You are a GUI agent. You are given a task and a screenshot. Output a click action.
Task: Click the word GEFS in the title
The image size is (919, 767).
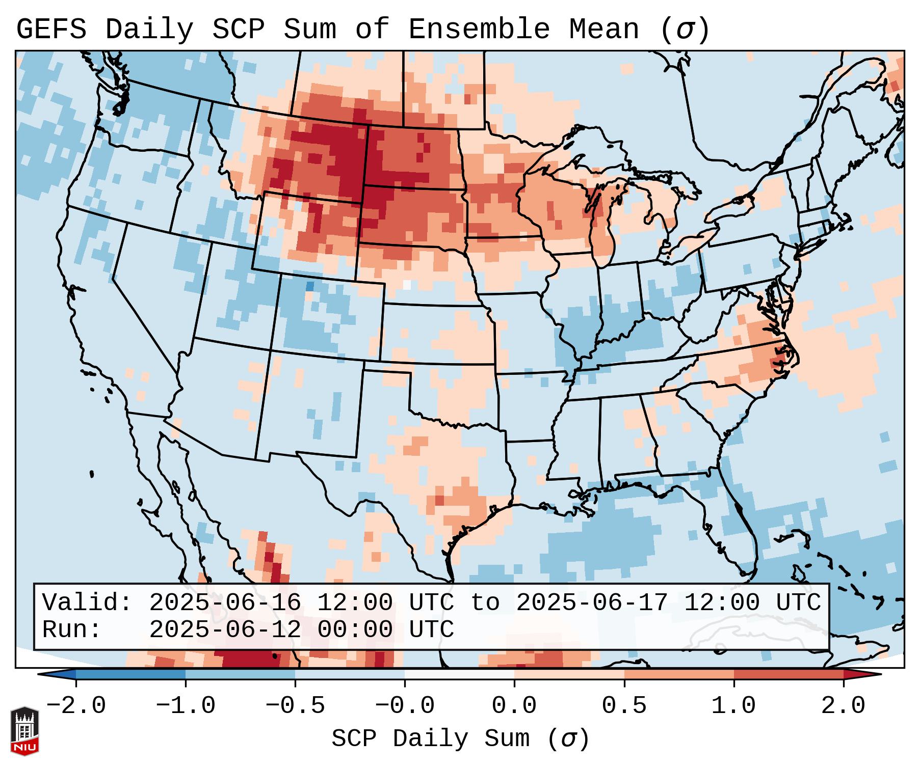pyautogui.click(x=51, y=30)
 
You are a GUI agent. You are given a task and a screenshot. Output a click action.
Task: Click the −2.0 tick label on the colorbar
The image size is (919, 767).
pyautogui.click(x=76, y=706)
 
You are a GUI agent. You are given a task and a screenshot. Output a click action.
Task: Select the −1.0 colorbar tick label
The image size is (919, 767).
pyautogui.click(x=186, y=706)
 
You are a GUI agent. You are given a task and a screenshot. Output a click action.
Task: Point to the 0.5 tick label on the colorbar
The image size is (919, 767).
pyautogui.click(x=624, y=706)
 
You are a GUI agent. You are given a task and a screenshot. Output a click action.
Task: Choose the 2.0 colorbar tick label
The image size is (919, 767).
pyautogui.click(x=844, y=706)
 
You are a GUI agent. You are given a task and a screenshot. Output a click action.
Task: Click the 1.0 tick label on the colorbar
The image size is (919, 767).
pyautogui.click(x=734, y=706)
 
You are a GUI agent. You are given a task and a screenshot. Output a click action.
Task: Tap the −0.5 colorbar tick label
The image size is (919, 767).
pyautogui.click(x=295, y=706)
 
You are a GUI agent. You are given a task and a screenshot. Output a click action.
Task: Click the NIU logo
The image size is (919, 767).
pyautogui.click(x=24, y=731)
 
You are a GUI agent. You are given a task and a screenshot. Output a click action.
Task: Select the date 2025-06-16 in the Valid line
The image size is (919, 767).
pyautogui.click(x=225, y=603)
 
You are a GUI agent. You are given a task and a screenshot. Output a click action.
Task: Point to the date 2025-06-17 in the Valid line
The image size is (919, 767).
pyautogui.click(x=592, y=603)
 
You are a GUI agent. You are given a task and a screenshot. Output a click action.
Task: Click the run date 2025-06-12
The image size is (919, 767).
pyautogui.click(x=225, y=629)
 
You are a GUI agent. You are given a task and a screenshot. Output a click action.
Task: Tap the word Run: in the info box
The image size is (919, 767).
pyautogui.click(x=72, y=629)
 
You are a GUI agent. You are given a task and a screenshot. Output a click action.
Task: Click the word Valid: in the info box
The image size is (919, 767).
pyautogui.click(x=87, y=603)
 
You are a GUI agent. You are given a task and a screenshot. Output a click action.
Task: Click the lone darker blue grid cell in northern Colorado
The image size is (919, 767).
pyautogui.click(x=310, y=286)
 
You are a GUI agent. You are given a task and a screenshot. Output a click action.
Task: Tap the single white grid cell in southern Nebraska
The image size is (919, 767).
pyautogui.click(x=406, y=284)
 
